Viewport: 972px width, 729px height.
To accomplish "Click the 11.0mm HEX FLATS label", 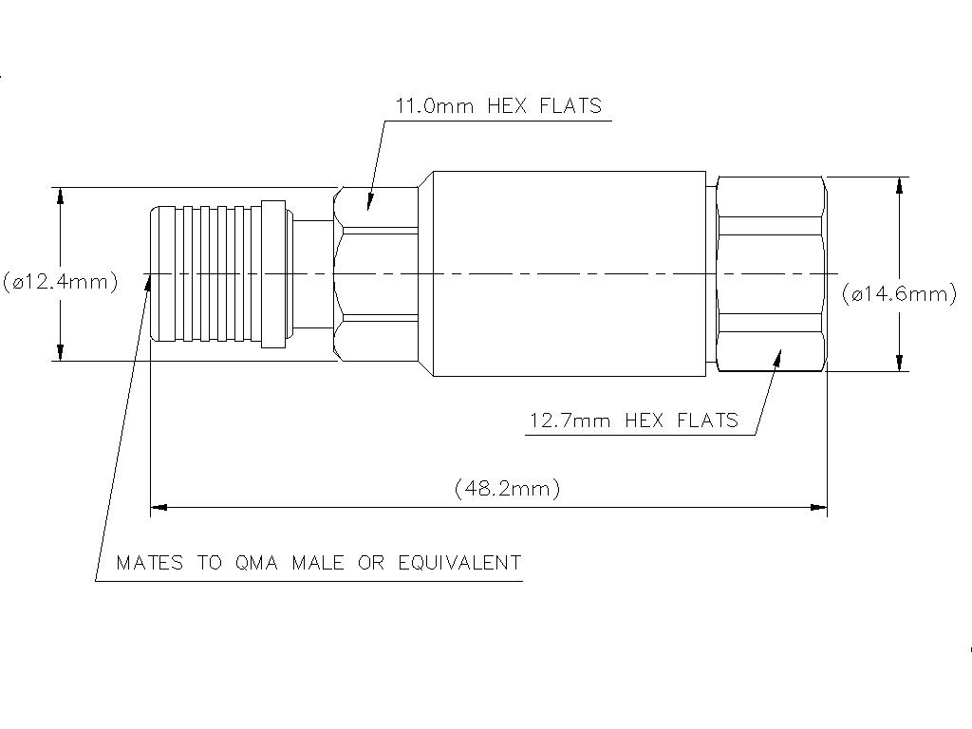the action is point(499,106).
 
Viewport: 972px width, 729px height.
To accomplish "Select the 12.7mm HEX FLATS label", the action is point(633,421).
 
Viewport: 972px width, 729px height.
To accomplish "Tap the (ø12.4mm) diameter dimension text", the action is point(60,282).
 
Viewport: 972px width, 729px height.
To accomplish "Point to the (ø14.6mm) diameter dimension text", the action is point(900,293).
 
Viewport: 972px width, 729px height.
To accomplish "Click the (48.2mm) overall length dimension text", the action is point(507,489).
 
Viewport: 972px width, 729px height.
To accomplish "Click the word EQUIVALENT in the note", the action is point(459,563).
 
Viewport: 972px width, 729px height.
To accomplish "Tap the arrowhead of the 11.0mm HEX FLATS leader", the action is point(369,202).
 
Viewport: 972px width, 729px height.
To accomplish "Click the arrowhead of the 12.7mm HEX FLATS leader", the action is point(776,357).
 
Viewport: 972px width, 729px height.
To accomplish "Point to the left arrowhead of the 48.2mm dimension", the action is point(159,507).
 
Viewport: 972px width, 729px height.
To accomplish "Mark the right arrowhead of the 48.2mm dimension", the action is point(818,507).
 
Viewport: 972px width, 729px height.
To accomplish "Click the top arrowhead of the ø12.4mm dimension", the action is point(60,196).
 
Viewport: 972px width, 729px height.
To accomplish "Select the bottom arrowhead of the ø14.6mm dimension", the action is point(900,363).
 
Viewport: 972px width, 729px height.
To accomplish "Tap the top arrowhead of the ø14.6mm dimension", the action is point(900,185).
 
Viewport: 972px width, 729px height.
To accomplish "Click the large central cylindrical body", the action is point(569,273).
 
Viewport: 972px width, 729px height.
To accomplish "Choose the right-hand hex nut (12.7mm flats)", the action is point(771,273).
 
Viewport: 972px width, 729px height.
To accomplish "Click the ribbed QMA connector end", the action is point(217,273).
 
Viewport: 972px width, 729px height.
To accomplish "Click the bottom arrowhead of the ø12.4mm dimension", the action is point(60,352).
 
